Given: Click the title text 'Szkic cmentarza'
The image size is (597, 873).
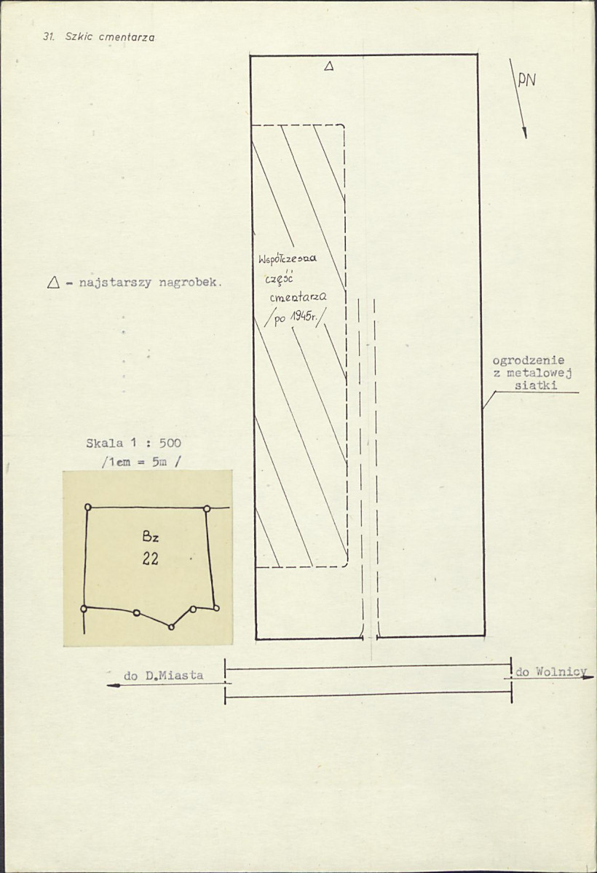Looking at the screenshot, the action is click(110, 37).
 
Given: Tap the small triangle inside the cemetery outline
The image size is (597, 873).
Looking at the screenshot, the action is click(328, 67).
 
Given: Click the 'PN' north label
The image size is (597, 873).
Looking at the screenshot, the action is click(526, 81).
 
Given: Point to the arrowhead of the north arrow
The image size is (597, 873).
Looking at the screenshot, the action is click(523, 133).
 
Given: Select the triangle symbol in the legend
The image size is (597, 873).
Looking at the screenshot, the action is click(53, 283).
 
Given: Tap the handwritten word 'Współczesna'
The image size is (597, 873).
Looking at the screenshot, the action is click(288, 259).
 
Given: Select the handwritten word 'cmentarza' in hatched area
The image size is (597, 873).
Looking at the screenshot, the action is click(298, 297).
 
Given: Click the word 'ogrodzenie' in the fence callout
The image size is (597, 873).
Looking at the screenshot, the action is click(529, 361).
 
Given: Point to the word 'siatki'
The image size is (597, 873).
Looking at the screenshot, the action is click(536, 385).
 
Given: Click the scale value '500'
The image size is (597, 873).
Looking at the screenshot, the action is click(170, 443).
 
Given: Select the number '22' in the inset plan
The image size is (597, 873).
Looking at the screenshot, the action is click(151, 558).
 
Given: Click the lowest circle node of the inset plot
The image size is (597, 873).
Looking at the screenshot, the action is click(172, 627).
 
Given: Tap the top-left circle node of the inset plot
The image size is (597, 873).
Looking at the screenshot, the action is click(87, 507).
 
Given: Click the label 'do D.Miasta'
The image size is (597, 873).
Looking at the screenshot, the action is click(164, 676).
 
